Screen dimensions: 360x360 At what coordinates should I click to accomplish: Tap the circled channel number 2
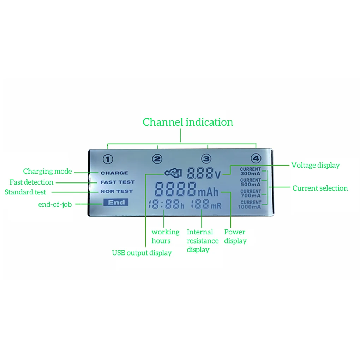tap(157, 159)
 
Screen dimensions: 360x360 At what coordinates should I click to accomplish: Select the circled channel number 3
tap(206, 159)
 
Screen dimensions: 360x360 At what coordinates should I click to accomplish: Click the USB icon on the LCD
tap(173, 173)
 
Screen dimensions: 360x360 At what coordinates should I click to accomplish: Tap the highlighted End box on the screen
tap(116, 202)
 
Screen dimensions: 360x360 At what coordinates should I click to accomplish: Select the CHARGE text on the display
tap(114, 173)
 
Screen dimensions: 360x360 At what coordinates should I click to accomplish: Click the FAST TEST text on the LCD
tap(117, 182)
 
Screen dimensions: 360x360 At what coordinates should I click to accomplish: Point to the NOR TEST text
tap(116, 191)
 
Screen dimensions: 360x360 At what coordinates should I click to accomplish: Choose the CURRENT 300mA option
tap(250, 172)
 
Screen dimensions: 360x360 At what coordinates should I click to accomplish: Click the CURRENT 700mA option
tap(250, 193)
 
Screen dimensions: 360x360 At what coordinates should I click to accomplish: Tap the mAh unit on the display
tap(208, 193)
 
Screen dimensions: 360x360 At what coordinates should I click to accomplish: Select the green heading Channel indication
tap(188, 122)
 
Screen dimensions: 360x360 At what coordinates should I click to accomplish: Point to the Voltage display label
tap(315, 165)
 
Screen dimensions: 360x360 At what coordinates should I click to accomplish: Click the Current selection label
tap(320, 188)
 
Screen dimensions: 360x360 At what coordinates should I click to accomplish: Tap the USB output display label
tap(142, 253)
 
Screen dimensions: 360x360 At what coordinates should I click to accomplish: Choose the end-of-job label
tap(55, 204)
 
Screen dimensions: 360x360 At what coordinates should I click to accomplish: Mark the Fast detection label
tap(31, 182)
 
